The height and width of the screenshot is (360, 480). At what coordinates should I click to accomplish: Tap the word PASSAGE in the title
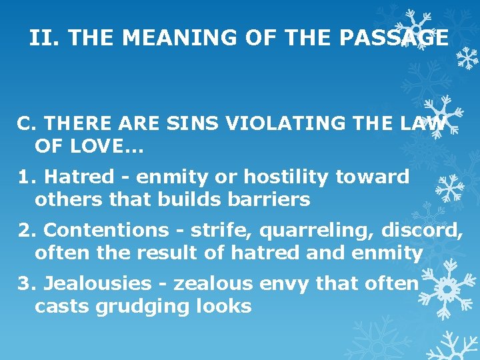click(393, 38)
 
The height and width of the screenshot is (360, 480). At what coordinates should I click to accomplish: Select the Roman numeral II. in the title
click(45, 38)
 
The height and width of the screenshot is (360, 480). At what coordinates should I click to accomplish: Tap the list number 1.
click(26, 177)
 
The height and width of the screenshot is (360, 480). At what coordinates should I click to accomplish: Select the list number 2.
click(27, 231)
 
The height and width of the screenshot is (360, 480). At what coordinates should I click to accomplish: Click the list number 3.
click(27, 284)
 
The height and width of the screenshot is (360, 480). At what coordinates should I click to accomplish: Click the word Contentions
click(106, 231)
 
